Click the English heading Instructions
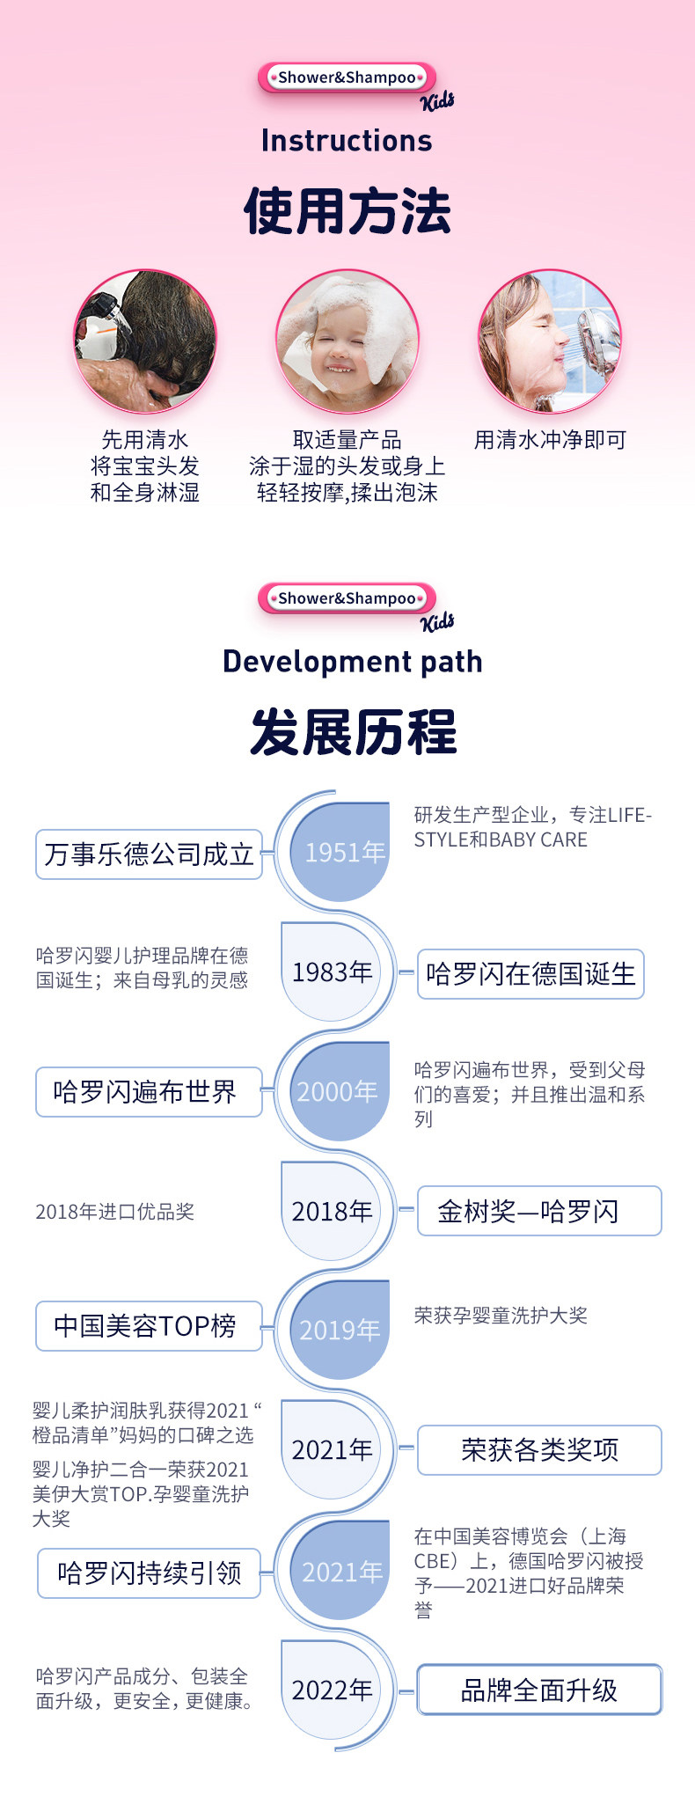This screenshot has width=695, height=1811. pos(347,141)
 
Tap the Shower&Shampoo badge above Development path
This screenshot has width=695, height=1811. pos(347,598)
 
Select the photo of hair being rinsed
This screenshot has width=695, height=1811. pos(145,341)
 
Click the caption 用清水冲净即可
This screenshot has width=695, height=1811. pos(550,440)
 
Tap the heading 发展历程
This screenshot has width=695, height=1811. pos(353,732)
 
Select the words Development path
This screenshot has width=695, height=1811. pos(353,662)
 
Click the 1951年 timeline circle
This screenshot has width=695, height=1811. pos(340,852)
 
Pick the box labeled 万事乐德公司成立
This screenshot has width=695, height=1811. pos(149,854)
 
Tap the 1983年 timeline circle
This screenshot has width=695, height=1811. pos(332,972)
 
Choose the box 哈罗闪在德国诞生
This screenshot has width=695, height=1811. pos(530,974)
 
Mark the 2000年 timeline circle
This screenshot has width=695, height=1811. pos(340,1091)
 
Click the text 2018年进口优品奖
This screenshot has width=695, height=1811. pos(114,1212)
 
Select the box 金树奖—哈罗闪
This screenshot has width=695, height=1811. pos(538,1211)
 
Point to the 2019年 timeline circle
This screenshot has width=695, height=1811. pos(340,1329)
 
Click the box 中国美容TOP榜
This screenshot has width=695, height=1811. pos(149,1325)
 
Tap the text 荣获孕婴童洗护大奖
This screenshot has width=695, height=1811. pos(501,1316)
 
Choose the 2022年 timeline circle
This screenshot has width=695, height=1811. pos(332,1690)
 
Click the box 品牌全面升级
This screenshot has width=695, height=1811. pos(539,1690)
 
